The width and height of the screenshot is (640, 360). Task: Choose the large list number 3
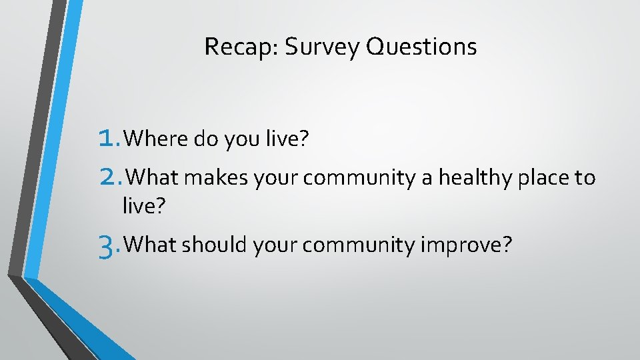coord(107,247)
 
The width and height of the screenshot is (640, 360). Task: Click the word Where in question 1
coord(156,139)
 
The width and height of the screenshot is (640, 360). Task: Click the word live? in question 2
coord(143,206)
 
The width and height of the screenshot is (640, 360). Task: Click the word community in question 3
coord(359,245)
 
